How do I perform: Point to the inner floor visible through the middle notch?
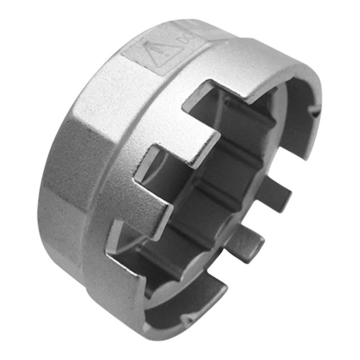point(182,188)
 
